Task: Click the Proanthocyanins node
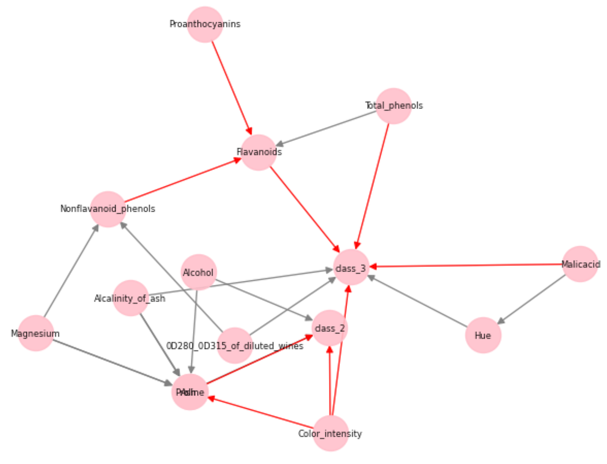point(205,24)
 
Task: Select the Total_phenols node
point(394,106)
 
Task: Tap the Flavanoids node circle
point(258,152)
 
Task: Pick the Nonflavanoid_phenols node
point(108,209)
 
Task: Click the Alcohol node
point(199,273)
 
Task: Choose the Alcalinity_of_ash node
point(131,298)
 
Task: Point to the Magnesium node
point(36,333)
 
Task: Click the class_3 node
point(351,267)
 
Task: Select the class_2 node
point(330,328)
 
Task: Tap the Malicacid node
point(580,264)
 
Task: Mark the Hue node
point(483,335)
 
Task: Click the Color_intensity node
point(331,434)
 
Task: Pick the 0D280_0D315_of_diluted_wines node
point(235,345)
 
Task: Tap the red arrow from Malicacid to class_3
point(465,265)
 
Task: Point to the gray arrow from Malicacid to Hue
point(531,299)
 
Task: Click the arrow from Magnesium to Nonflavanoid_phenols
point(71,272)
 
